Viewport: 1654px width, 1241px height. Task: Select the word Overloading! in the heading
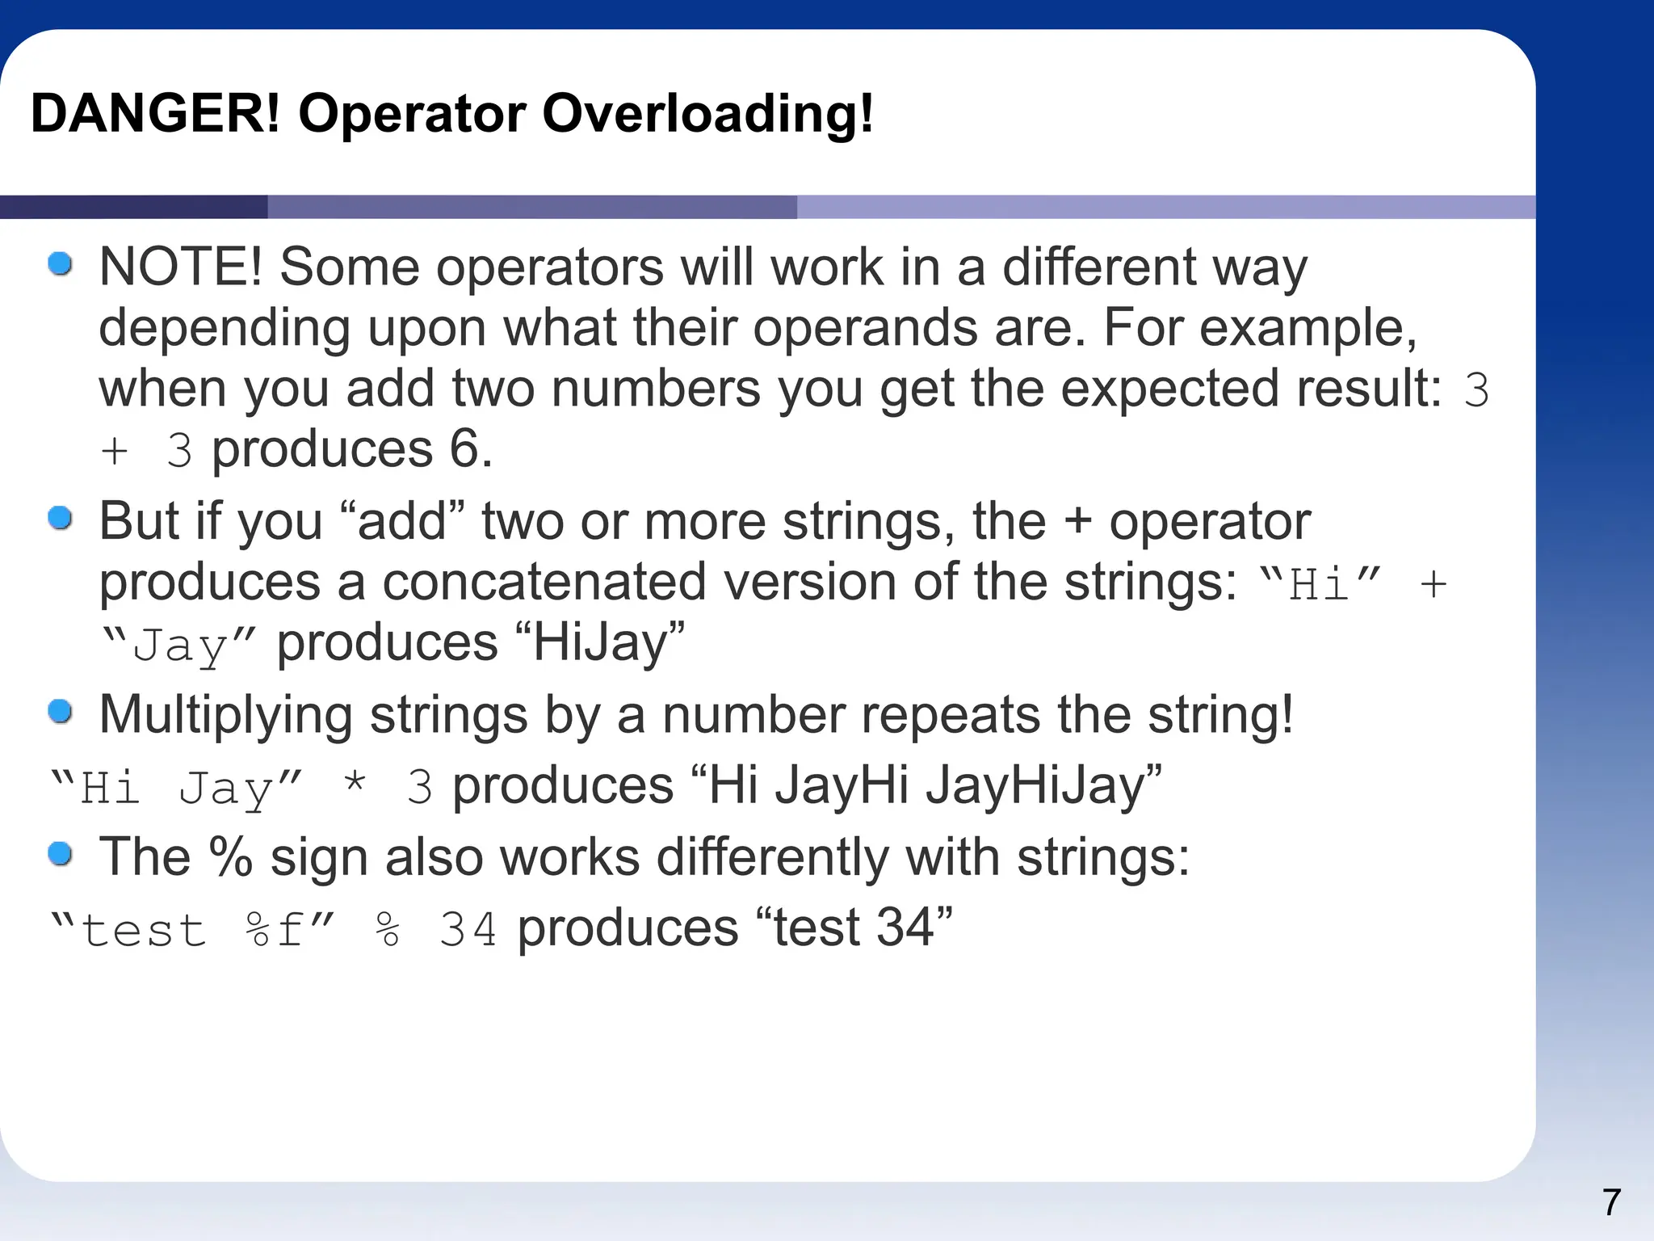pyautogui.click(x=707, y=113)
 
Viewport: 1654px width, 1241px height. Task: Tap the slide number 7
pyautogui.click(x=1611, y=1202)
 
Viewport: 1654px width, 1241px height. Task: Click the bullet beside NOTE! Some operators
pyautogui.click(x=61, y=263)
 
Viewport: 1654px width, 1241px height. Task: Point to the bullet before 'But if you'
pyautogui.click(x=61, y=518)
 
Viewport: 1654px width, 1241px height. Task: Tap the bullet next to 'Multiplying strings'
pyautogui.click(x=61, y=712)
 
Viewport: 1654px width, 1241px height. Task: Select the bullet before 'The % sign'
pyautogui.click(x=61, y=853)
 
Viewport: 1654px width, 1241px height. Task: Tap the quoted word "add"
pyautogui.click(x=402, y=521)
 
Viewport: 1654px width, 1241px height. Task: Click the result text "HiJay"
pyautogui.click(x=599, y=643)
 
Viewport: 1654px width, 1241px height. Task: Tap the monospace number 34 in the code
pyautogui.click(x=468, y=929)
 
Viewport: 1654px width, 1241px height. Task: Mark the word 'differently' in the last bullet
pyautogui.click(x=772, y=856)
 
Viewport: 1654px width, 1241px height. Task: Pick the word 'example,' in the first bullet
pyautogui.click(x=1308, y=328)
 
